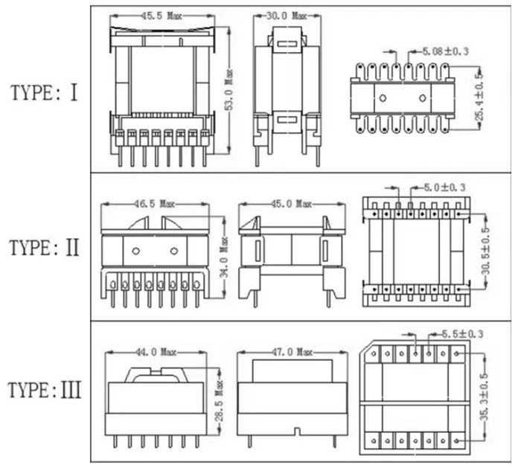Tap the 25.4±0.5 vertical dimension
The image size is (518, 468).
(x=480, y=97)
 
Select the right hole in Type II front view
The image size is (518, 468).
(x=174, y=250)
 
